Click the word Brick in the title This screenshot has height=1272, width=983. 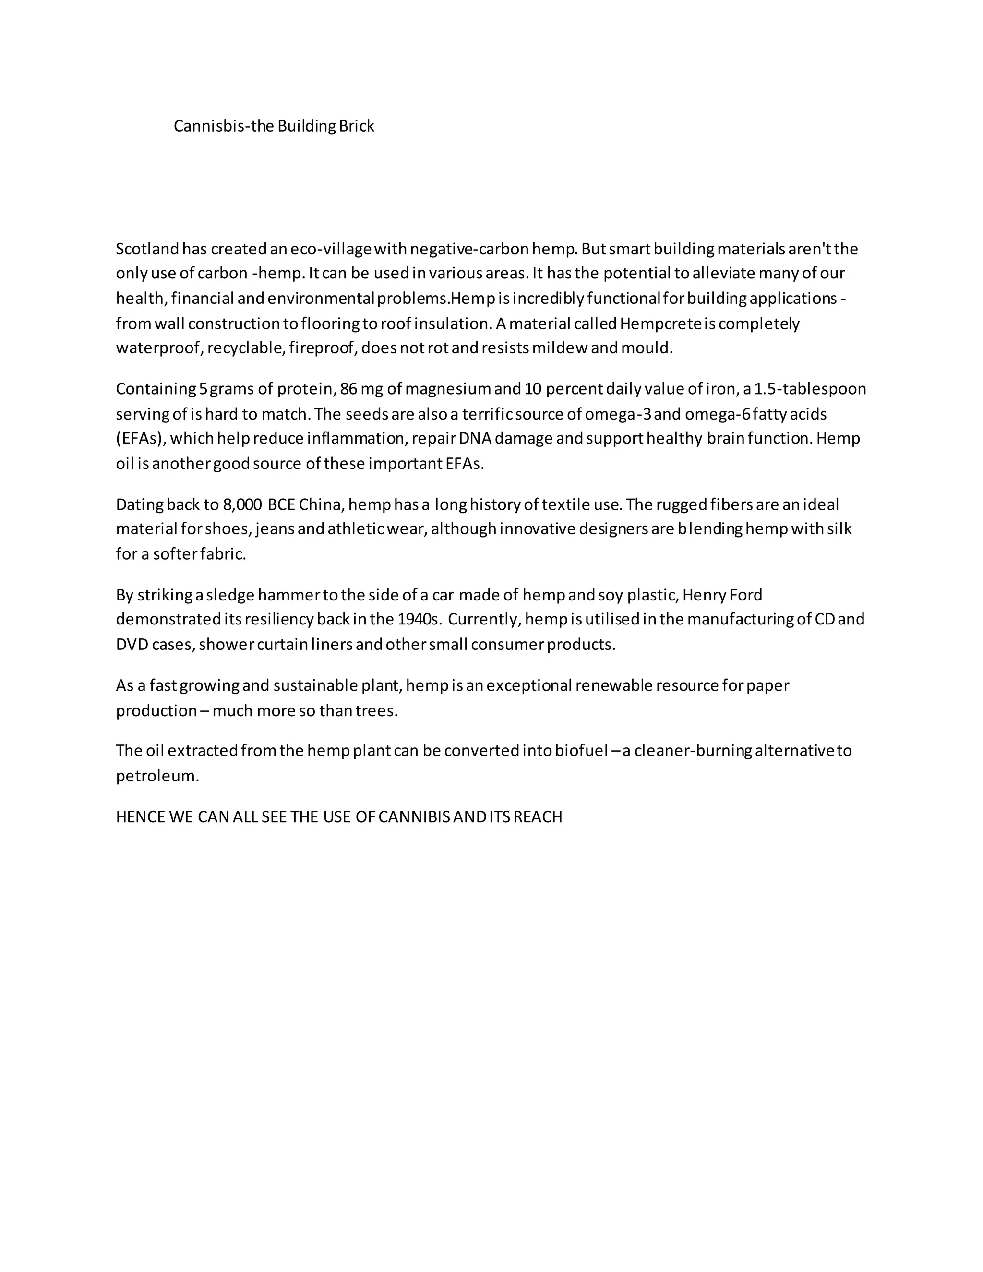357,126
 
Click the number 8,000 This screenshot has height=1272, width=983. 242,504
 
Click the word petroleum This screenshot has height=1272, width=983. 157,776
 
